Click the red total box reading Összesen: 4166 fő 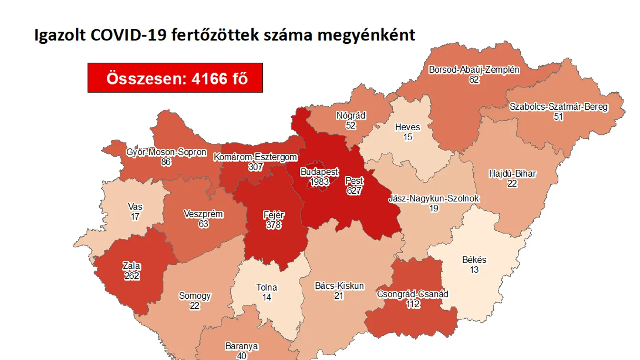175,78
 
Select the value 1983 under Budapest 319,182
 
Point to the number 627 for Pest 354,191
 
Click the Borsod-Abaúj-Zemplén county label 474,70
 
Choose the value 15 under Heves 408,137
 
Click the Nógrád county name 351,115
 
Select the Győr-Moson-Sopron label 166,152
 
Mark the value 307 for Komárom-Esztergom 256,167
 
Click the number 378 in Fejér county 274,225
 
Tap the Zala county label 132,266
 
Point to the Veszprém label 203,214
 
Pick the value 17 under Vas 135,217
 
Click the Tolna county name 267,287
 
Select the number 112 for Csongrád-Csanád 413,304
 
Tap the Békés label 474,260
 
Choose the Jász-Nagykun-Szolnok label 434,198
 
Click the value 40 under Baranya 242,356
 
